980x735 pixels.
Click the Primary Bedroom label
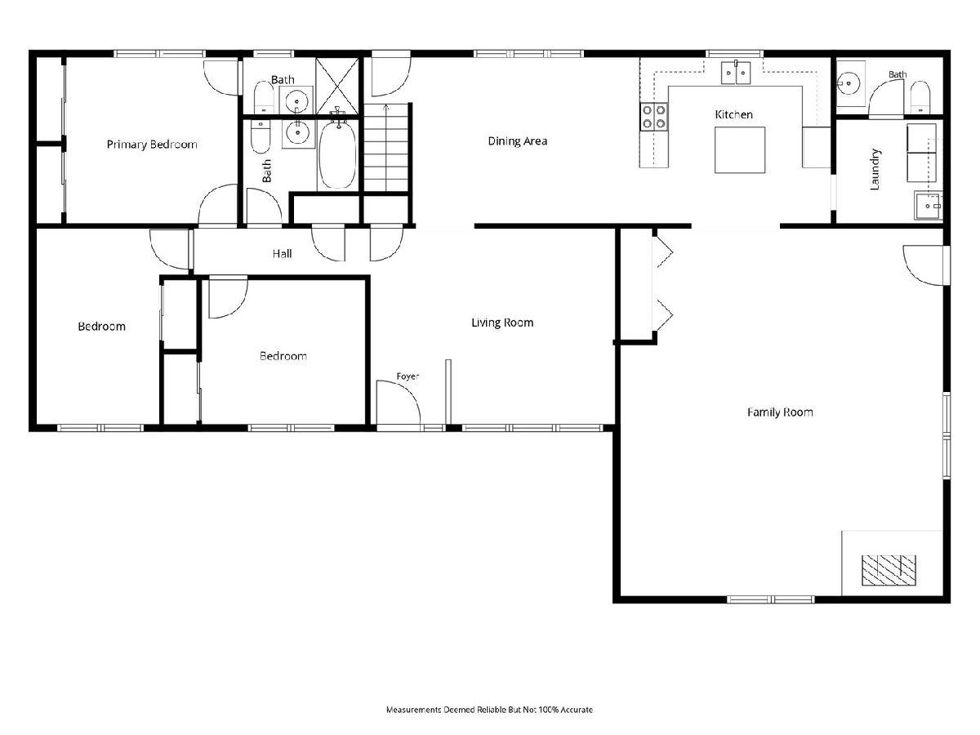tap(152, 145)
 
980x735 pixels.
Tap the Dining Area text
tap(518, 141)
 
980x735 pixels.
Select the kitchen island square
tap(739, 150)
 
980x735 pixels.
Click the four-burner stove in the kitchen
tap(653, 117)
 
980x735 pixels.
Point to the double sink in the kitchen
tap(736, 73)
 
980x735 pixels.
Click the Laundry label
tap(875, 170)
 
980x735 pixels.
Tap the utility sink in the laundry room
tap(929, 205)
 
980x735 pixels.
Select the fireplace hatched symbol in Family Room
tap(889, 570)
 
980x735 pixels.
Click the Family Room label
tap(780, 412)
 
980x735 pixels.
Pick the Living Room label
tap(502, 323)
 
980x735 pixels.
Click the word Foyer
tap(408, 376)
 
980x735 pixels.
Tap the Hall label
tap(283, 254)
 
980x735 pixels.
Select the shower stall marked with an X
tap(337, 86)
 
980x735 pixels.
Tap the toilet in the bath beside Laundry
tap(920, 97)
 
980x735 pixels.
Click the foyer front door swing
tap(399, 402)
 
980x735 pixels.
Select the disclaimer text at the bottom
tap(489, 709)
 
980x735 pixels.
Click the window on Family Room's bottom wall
tap(771, 599)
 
